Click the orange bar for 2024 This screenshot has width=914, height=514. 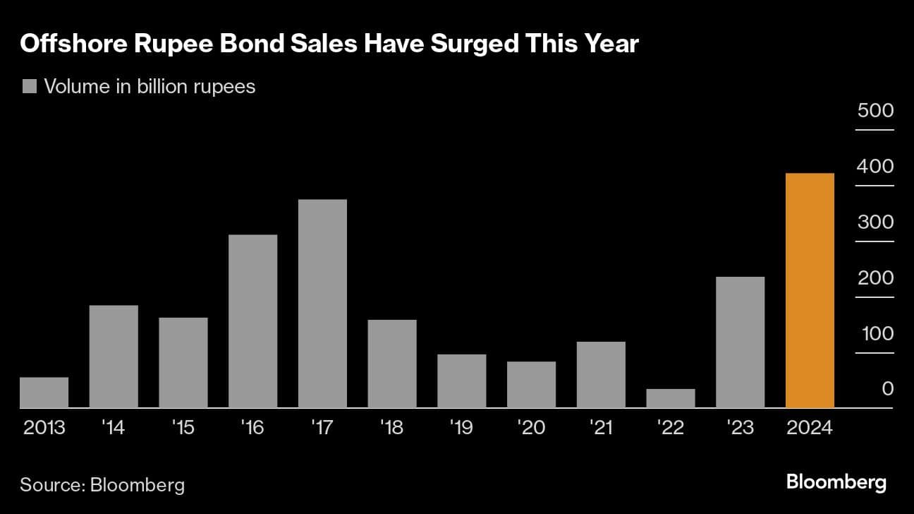(x=810, y=290)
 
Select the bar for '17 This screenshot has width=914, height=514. (x=322, y=304)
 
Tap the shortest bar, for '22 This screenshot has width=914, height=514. (x=671, y=398)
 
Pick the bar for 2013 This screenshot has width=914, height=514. (x=44, y=393)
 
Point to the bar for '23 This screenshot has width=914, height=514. (x=740, y=342)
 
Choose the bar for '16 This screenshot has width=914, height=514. (x=252, y=321)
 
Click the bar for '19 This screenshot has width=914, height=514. (x=462, y=381)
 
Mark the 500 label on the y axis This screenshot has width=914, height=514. (x=875, y=111)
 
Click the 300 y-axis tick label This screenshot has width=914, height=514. (x=875, y=222)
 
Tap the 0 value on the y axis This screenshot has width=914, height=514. (x=887, y=389)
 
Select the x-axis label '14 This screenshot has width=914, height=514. (x=113, y=428)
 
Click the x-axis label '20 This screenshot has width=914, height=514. (x=531, y=428)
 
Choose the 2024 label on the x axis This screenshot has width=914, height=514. (x=810, y=428)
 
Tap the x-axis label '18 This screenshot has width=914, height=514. (x=392, y=428)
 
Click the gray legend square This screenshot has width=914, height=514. (x=29, y=87)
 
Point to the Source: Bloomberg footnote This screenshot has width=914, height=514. (x=102, y=485)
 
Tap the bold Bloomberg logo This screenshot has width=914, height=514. (x=836, y=483)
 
